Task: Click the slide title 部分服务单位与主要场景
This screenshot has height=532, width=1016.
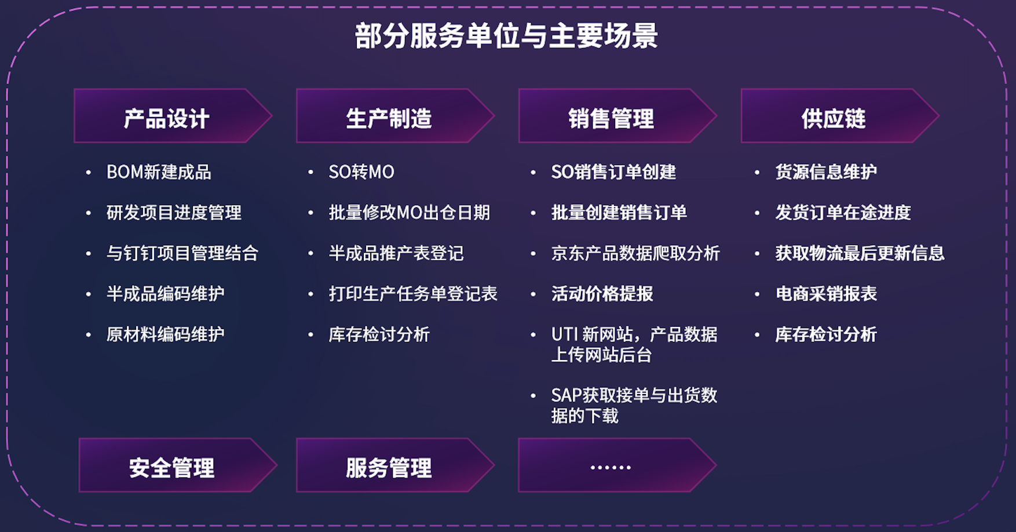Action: [506, 36]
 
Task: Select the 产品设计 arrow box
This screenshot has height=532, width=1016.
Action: [173, 116]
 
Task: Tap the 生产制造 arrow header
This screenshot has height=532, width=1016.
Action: [395, 116]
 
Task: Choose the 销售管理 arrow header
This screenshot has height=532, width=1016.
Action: [617, 116]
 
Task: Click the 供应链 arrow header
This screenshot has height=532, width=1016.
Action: [840, 116]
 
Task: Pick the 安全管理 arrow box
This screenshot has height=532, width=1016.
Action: [178, 465]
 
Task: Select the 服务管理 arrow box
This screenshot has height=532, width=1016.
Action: [395, 465]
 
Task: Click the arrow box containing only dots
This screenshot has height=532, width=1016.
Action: [617, 465]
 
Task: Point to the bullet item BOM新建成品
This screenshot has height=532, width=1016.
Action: [159, 172]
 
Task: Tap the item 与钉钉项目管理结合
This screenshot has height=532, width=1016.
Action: [182, 253]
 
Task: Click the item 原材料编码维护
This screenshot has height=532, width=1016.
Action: [166, 334]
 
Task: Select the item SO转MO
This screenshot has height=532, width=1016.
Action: [361, 172]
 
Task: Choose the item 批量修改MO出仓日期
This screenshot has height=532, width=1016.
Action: [410, 213]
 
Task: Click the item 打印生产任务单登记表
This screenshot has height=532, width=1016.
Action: [413, 294]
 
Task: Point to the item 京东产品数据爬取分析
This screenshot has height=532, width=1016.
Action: [635, 253]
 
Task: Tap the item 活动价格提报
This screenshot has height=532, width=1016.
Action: [602, 294]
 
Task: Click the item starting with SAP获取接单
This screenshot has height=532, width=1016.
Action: [634, 405]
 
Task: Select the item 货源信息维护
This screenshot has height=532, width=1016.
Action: [826, 172]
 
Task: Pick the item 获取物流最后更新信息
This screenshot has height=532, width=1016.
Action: [860, 253]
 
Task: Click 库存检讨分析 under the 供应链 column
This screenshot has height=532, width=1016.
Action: [826, 334]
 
